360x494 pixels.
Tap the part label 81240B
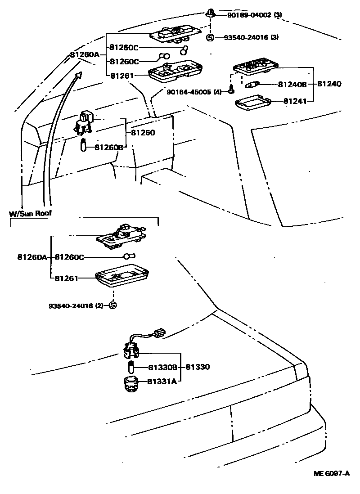point(292,84)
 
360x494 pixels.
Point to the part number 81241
point(295,101)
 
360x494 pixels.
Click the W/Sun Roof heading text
point(31,213)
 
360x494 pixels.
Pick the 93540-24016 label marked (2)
point(74,305)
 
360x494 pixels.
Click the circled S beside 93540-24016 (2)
point(112,305)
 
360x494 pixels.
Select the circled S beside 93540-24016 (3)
point(210,37)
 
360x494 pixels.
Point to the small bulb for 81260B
point(83,146)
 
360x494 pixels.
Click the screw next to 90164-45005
point(231,90)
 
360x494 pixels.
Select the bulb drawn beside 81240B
point(252,84)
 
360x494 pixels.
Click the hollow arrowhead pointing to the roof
point(78,75)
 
